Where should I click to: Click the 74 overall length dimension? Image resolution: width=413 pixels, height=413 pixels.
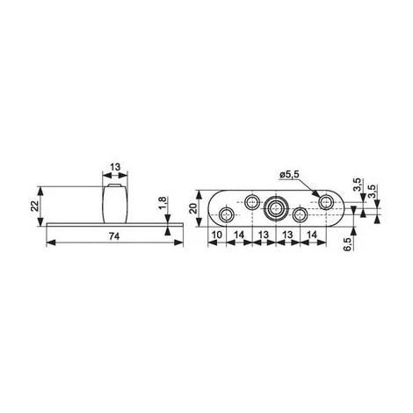click(114, 236)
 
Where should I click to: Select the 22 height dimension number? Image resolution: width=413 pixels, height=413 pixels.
click(35, 206)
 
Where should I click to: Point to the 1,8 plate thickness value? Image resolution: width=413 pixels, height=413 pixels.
click(163, 203)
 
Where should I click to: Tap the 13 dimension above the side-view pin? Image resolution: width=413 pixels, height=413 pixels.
click(115, 167)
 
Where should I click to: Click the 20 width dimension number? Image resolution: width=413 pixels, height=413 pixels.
click(193, 208)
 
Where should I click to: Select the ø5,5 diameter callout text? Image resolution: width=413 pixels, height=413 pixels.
click(289, 175)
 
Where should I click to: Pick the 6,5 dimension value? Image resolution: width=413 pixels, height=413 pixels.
click(347, 244)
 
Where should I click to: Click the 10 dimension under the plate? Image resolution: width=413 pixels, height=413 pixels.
click(217, 235)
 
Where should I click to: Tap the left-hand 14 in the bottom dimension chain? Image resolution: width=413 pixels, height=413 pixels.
click(239, 235)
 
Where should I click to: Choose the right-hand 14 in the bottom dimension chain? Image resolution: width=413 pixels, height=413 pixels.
click(313, 235)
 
